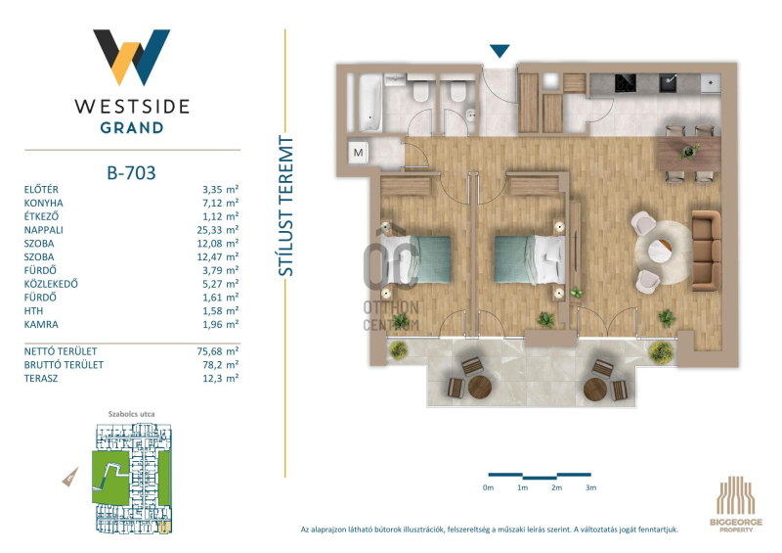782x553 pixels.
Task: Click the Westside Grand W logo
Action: [132, 57]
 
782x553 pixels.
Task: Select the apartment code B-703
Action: [132, 173]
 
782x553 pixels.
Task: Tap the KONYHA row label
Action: [43, 203]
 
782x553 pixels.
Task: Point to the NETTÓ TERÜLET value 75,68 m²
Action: [217, 351]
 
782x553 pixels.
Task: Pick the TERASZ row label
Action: [41, 378]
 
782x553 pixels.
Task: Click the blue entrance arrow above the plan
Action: [500, 51]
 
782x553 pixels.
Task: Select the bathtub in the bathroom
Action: [370, 103]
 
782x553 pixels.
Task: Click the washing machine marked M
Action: [359, 152]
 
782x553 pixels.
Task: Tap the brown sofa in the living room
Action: [706, 251]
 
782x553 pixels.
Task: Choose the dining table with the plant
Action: [690, 155]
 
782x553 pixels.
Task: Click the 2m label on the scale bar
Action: [556, 487]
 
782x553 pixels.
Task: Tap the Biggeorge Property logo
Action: [736, 504]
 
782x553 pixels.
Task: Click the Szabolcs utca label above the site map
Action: [132, 414]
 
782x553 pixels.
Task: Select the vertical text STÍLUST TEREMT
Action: [285, 206]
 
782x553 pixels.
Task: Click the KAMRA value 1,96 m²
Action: [221, 324]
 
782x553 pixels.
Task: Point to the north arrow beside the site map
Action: [70, 477]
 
